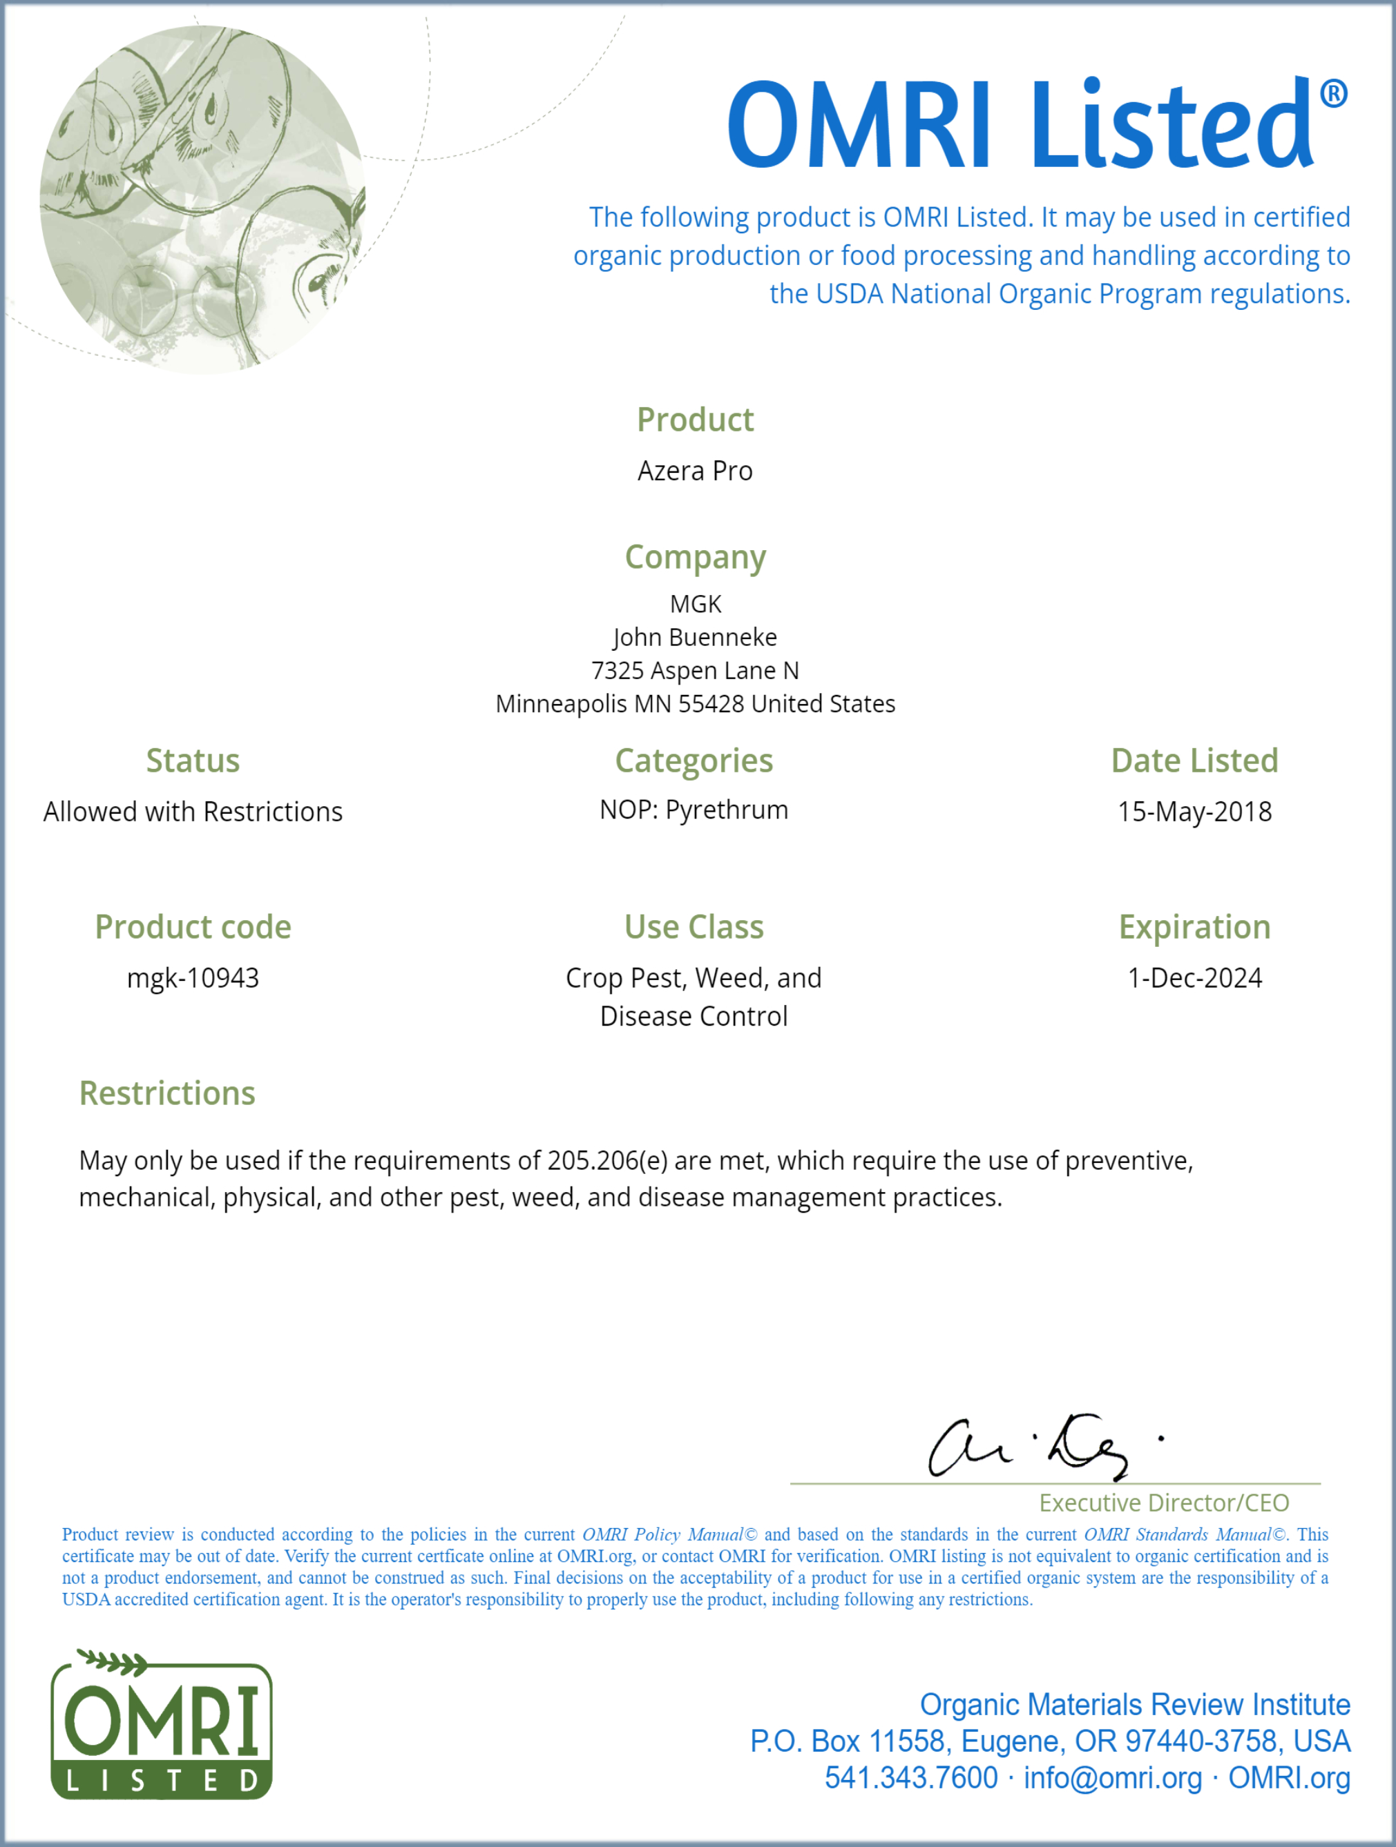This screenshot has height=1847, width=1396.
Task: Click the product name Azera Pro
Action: coord(695,471)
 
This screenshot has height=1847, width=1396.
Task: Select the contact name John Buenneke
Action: coord(695,637)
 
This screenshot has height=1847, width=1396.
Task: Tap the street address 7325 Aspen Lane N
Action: coord(695,670)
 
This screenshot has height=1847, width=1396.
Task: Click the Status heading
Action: coord(193,761)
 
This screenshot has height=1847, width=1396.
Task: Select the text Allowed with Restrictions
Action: coord(193,812)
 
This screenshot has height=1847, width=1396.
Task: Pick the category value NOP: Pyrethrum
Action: coord(694,810)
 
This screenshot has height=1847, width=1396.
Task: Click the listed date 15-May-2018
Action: coord(1195,812)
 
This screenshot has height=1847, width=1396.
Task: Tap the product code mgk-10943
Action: coord(193,978)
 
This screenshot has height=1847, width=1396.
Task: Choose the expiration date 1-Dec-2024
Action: coord(1195,978)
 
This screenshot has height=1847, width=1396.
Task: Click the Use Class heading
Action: coord(694,927)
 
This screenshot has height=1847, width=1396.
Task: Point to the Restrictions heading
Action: coord(167,1093)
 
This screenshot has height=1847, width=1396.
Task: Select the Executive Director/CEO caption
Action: coord(1164,1503)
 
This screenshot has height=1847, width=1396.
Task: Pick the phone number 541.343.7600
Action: coord(910,1778)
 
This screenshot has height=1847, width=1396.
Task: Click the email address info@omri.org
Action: coord(1113,1778)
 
